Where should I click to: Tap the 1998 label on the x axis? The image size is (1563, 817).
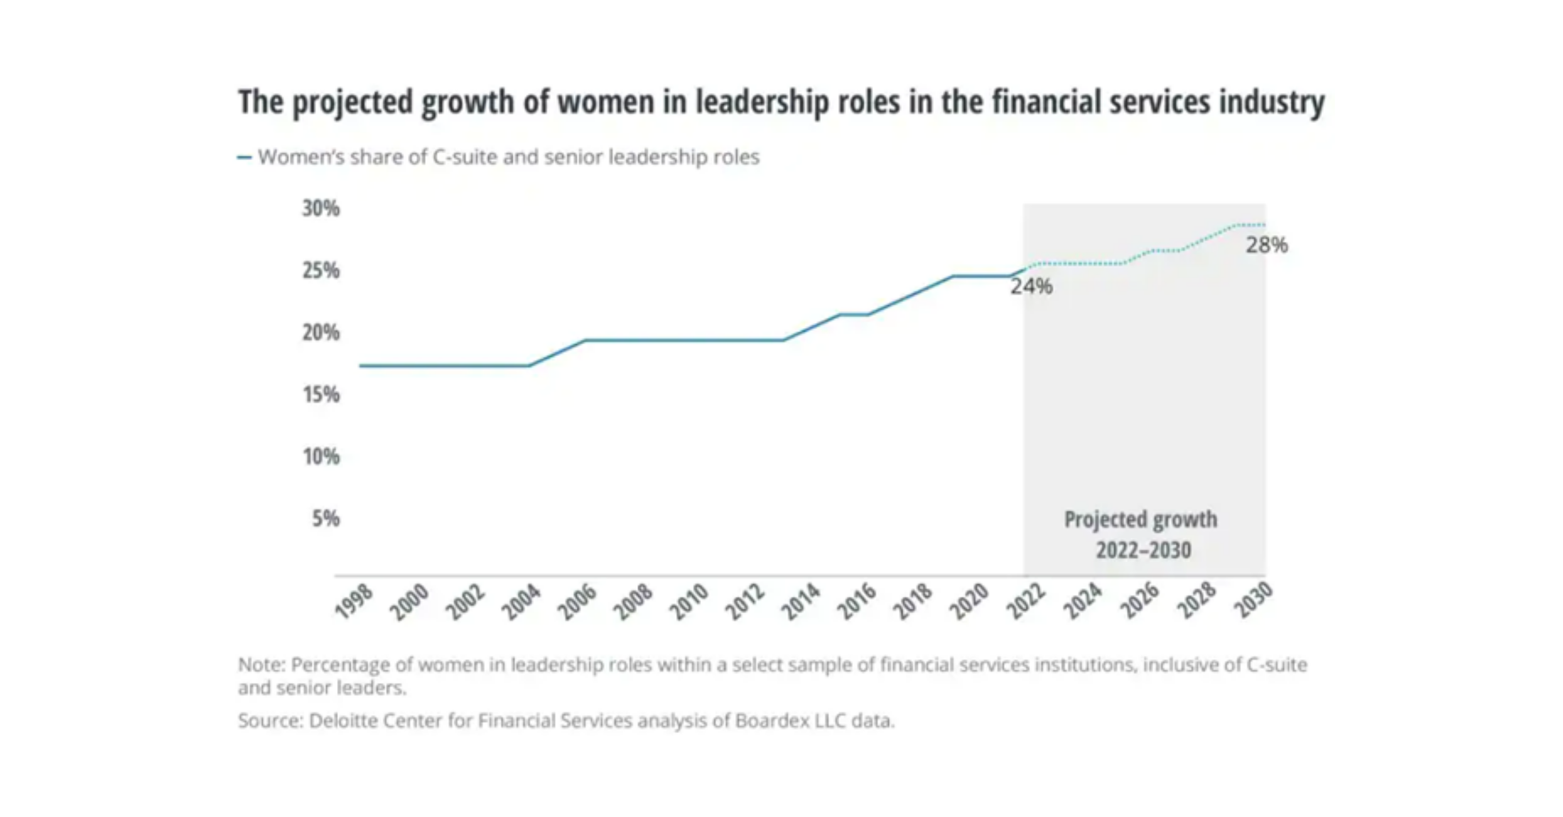click(354, 601)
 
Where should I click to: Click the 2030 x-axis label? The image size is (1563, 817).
click(1253, 600)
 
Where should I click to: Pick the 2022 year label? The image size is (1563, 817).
click(1026, 601)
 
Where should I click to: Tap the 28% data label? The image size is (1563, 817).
click(1266, 245)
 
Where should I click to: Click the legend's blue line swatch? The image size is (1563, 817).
click(244, 158)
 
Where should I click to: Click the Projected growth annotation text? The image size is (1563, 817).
click(1141, 520)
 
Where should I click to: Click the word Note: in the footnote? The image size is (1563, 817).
click(261, 665)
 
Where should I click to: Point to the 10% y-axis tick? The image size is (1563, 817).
click(321, 457)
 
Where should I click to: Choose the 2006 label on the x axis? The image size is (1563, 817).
click(577, 601)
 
